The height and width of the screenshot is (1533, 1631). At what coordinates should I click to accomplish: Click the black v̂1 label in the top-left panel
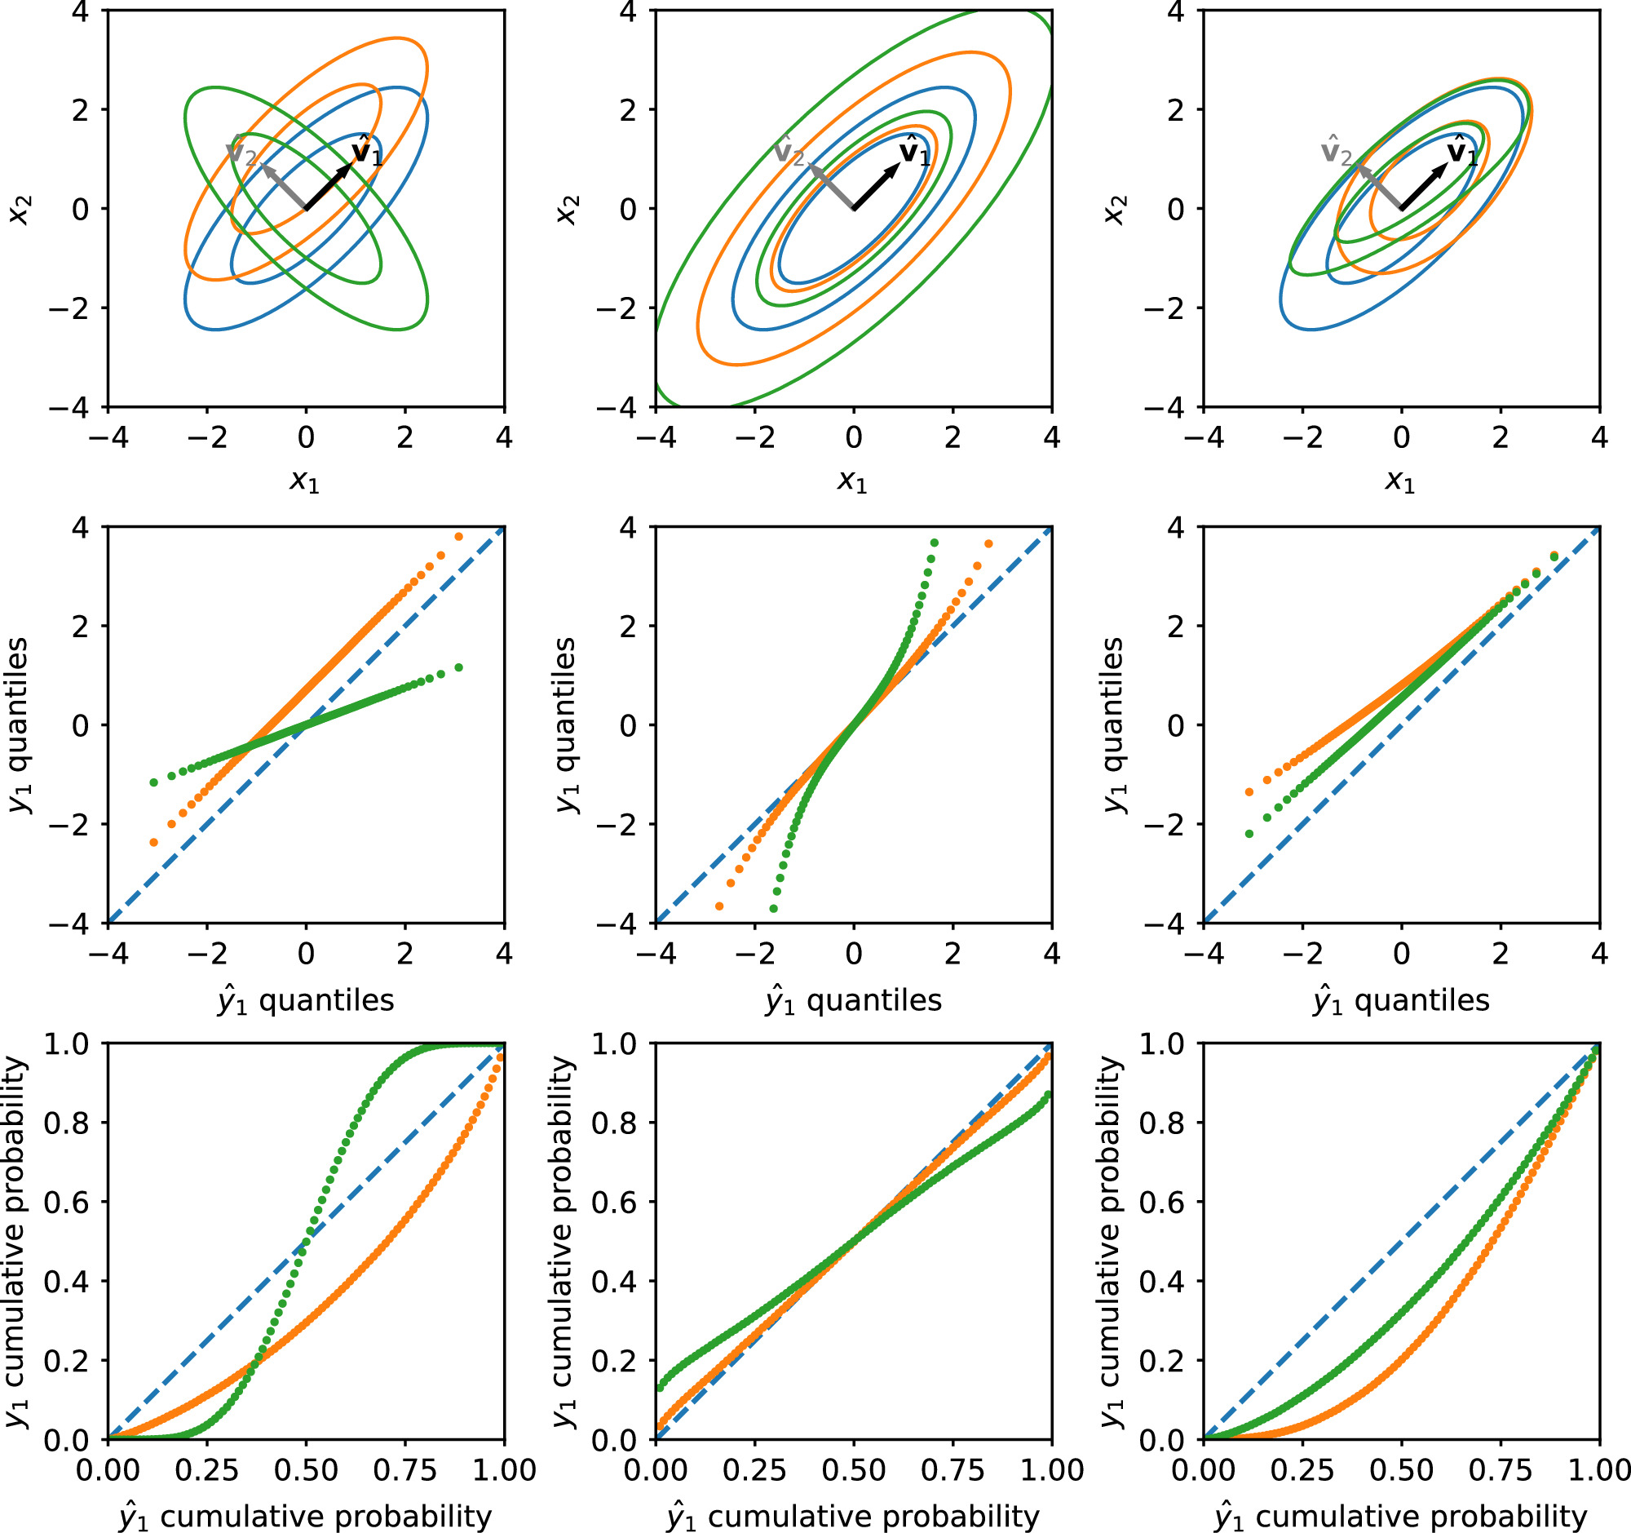pyautogui.click(x=366, y=153)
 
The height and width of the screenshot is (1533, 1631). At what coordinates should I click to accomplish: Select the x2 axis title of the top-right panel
pyautogui.click(x=1114, y=210)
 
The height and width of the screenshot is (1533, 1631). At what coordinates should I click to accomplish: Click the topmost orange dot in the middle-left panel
pyautogui.click(x=458, y=537)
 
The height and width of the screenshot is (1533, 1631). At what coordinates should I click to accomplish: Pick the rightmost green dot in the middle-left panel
pyautogui.click(x=458, y=667)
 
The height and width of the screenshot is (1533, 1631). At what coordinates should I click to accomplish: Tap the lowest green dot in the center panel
pyautogui.click(x=773, y=909)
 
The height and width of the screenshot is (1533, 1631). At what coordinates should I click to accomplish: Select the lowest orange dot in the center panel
pyautogui.click(x=719, y=906)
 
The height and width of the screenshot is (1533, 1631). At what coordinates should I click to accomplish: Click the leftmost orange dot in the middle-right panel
pyautogui.click(x=1249, y=792)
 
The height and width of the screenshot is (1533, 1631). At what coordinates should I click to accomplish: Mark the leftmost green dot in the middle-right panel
pyautogui.click(x=1249, y=834)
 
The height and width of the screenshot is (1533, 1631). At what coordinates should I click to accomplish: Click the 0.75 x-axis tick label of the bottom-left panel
pyautogui.click(x=404, y=1470)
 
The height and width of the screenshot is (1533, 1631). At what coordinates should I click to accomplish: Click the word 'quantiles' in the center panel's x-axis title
pyautogui.click(x=873, y=1000)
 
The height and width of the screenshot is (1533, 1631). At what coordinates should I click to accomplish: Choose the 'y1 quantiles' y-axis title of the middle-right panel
pyautogui.click(x=1114, y=725)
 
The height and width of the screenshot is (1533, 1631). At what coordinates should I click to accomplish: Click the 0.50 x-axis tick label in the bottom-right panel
pyautogui.click(x=1401, y=1470)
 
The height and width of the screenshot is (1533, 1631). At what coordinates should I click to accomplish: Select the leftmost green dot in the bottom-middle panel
pyautogui.click(x=661, y=1387)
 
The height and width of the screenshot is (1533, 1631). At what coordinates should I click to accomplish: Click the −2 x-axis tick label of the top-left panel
pyautogui.click(x=208, y=438)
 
